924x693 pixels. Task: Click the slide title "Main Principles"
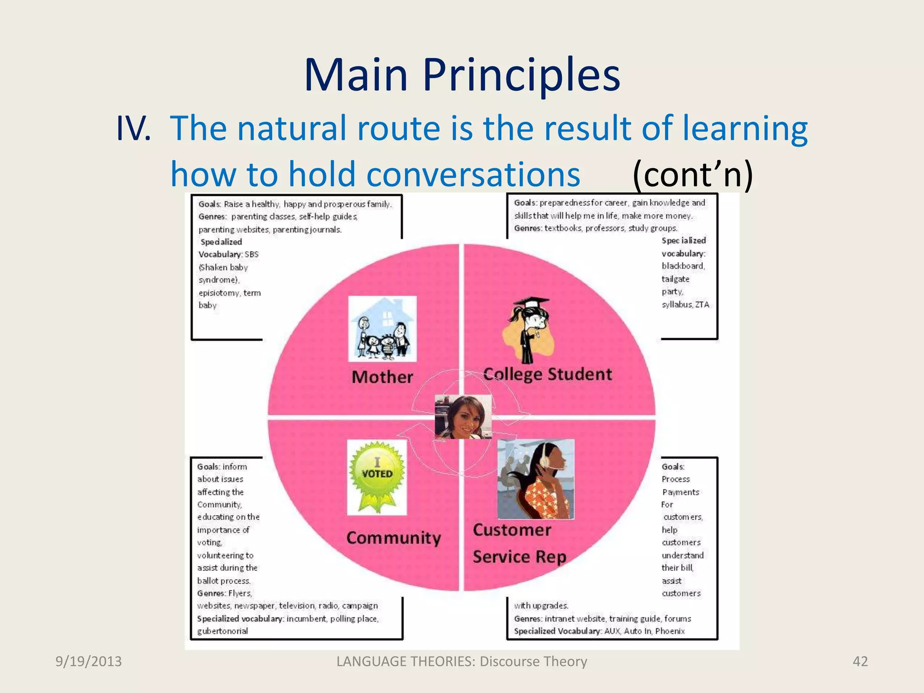coord(462,74)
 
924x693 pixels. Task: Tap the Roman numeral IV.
coord(133,129)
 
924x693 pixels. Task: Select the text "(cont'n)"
coord(693,174)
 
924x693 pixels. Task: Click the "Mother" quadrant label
coord(382,377)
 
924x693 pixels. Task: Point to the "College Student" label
coord(547,374)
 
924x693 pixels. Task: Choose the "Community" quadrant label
coord(393,538)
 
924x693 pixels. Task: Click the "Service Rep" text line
coord(519,557)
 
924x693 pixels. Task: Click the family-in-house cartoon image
coord(383,328)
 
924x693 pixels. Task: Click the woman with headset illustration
coord(536,479)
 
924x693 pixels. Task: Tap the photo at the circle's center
coord(463,417)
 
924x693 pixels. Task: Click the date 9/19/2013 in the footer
coord(88,661)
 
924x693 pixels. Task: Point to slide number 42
coord(860,661)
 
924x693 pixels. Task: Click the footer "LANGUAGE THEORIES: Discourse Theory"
coord(462,661)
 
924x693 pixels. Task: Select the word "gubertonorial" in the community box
coord(222,631)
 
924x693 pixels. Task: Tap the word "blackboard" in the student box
coord(683,266)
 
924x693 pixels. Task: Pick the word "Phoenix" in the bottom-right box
coord(670,631)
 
